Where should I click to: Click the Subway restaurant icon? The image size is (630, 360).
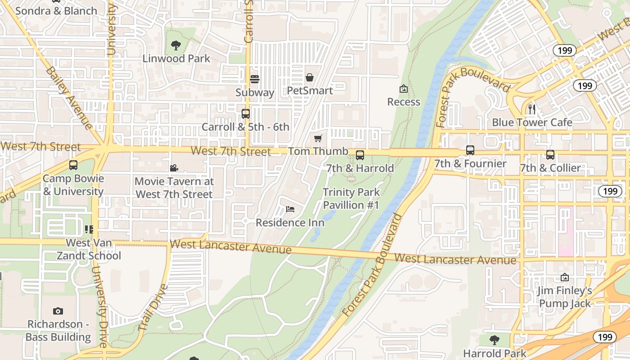tap(255, 79)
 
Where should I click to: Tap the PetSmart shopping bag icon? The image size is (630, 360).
tap(310, 77)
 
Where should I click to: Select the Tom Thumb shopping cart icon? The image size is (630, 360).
tap(318, 138)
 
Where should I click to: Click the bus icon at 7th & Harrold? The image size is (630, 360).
tap(360, 155)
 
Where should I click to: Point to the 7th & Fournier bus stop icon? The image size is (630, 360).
tap(470, 150)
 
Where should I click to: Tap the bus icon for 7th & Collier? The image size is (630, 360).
tap(550, 155)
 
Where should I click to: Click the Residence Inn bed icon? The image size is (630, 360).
tap(290, 209)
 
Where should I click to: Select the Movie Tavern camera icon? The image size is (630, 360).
tap(174, 168)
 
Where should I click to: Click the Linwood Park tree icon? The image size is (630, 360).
tap(176, 45)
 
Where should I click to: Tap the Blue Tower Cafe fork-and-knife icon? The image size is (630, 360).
tap(531, 109)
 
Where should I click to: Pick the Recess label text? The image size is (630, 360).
tap(404, 102)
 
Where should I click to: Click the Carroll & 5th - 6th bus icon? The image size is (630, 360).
tap(246, 113)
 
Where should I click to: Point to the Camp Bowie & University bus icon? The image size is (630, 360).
tap(73, 165)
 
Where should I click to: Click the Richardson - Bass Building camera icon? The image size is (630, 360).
tap(58, 311)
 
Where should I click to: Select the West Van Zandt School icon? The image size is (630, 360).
tap(89, 229)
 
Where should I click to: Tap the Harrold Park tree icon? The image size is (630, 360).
tap(495, 340)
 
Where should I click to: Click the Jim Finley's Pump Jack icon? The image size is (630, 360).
tap(565, 277)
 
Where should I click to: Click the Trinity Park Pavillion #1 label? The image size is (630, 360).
tap(351, 198)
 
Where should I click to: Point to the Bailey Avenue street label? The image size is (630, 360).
tap(69, 98)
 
